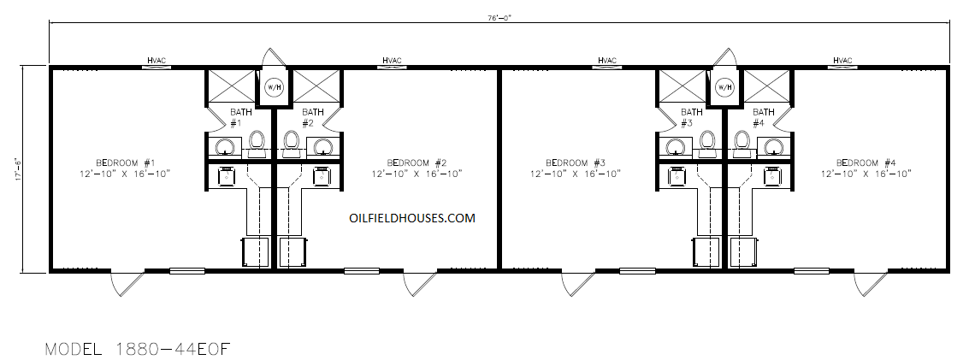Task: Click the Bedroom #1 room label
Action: click(121, 163)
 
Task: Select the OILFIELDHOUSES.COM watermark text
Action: click(412, 218)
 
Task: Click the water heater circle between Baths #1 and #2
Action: click(274, 87)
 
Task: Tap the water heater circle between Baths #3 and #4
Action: click(725, 87)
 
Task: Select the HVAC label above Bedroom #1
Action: click(156, 61)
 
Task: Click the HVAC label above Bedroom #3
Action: click(607, 61)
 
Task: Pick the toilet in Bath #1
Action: click(257, 141)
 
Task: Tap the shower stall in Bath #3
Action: click(682, 86)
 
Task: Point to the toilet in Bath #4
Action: click(742, 141)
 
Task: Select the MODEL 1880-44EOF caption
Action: click(138, 348)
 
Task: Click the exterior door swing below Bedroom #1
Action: click(127, 284)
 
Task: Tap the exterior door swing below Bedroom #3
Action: click(577, 284)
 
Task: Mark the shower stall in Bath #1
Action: click(230, 86)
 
